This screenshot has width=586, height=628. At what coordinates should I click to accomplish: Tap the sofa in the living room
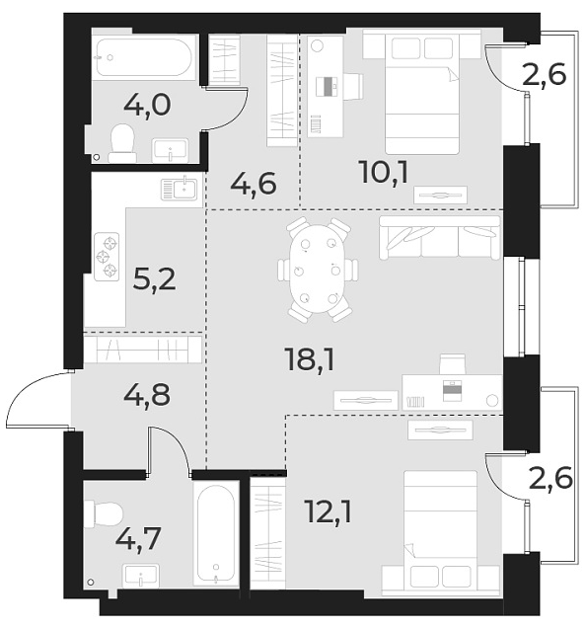[x=439, y=238]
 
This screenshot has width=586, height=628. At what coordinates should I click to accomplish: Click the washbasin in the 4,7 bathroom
[x=143, y=576]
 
